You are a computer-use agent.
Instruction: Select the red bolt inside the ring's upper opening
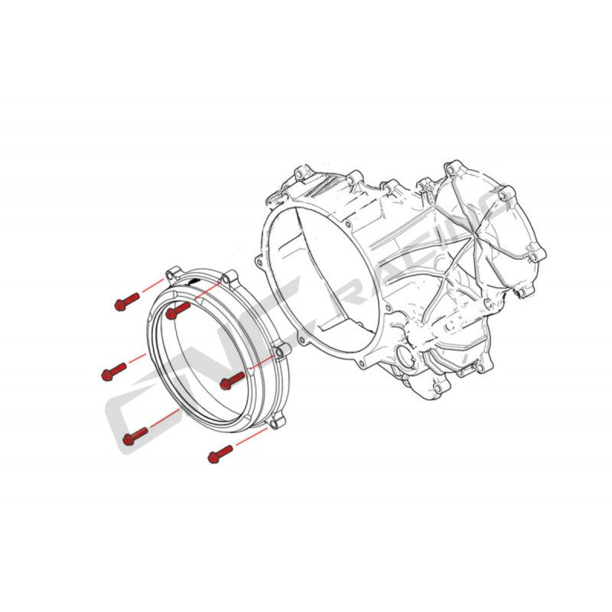tap(176, 310)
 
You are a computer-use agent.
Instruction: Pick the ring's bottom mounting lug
tap(276, 420)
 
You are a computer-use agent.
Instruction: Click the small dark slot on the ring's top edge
tap(198, 282)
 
